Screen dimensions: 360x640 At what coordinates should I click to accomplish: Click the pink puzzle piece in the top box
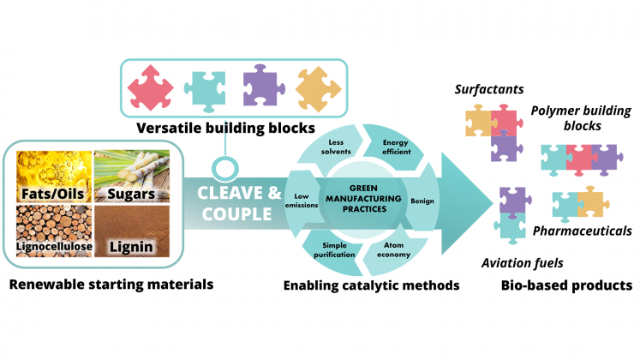(153, 87)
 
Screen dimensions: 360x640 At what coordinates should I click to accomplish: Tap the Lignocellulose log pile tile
(50, 233)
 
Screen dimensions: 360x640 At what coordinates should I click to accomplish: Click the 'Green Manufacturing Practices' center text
(363, 198)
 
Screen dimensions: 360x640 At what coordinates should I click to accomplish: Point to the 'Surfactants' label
(489, 89)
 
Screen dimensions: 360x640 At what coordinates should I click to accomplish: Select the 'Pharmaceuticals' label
(583, 231)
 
